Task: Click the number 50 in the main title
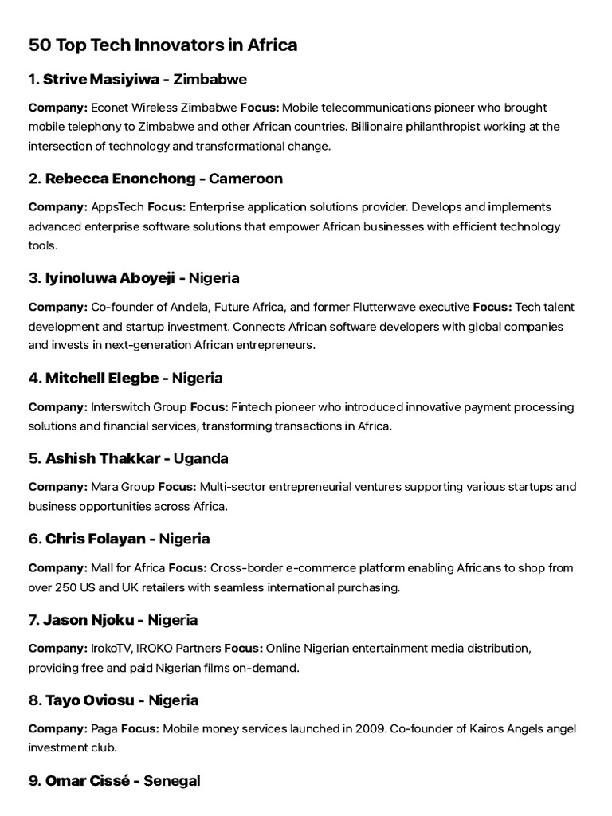coord(39,45)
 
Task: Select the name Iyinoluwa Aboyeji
coord(110,278)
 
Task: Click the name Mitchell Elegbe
coord(101,378)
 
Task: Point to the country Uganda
coord(202,458)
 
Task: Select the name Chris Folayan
coord(95,539)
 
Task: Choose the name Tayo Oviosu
coord(91,700)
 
